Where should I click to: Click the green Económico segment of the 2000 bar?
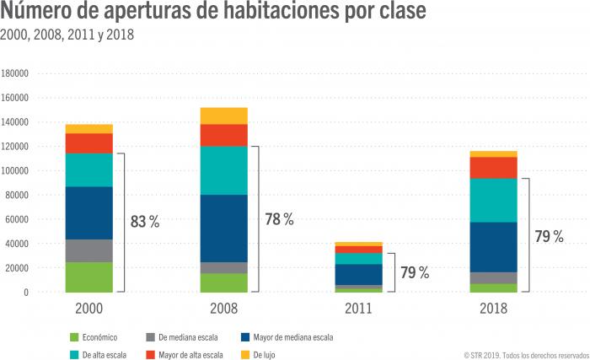88,277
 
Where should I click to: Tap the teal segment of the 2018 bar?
494,200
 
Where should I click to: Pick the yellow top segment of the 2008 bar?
223,116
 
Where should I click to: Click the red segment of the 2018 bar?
494,168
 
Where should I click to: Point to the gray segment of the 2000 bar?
88,250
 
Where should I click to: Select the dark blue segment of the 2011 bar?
359,274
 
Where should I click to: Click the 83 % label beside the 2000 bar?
145,223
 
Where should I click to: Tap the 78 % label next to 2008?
278,219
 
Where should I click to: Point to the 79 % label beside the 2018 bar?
549,237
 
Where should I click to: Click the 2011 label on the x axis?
359,309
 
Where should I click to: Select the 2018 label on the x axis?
494,309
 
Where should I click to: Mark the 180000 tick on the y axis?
16,73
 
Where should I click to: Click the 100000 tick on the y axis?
16,171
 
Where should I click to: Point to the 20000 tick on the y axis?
19,268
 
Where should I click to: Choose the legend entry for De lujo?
258,355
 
